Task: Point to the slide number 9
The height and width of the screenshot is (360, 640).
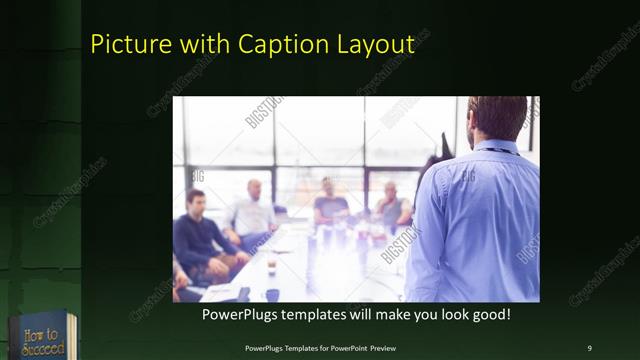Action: pos(589,347)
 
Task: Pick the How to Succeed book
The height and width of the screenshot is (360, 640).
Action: pos(38,337)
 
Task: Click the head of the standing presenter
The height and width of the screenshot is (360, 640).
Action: pos(496,118)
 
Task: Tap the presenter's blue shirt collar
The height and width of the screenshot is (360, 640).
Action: pos(496,148)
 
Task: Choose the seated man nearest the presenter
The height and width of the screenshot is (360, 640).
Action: pos(390,207)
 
